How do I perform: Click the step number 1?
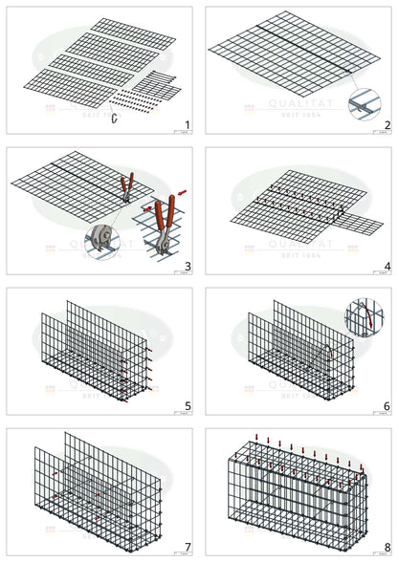187,125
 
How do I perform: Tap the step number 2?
387,125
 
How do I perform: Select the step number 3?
187,266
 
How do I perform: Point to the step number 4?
387,266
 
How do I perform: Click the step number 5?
187,406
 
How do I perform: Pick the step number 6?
387,406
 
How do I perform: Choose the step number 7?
187,547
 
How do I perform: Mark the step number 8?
387,547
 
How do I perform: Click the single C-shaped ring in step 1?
115,118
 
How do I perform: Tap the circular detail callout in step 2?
363,102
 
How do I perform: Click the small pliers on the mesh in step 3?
126,187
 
